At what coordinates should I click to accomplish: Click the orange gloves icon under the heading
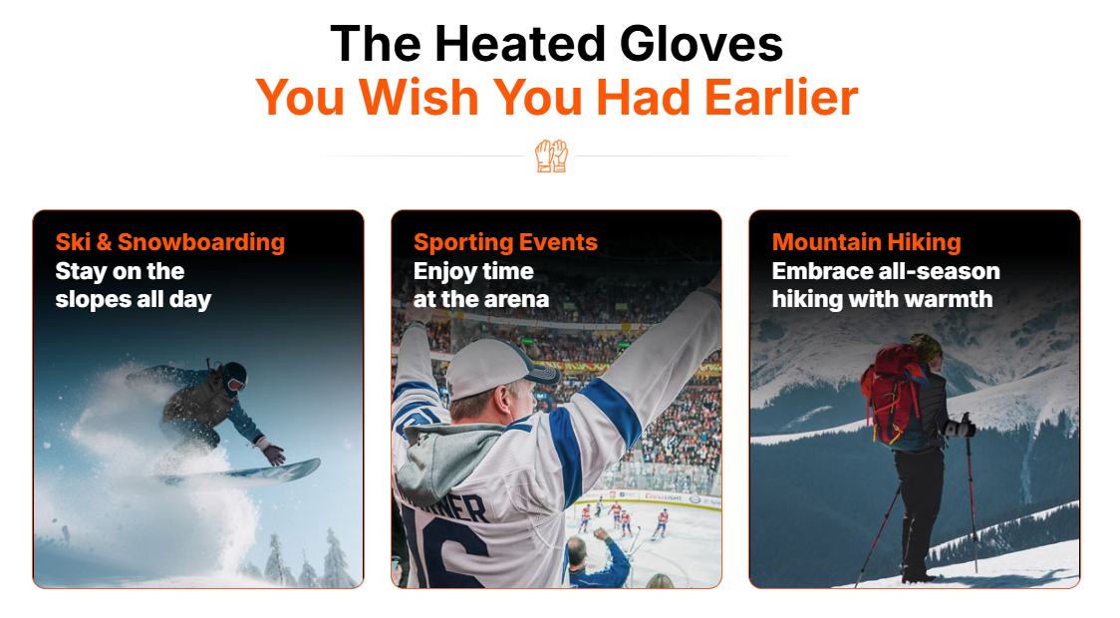pyautogui.click(x=551, y=155)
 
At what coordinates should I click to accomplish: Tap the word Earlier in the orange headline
pyautogui.click(x=781, y=97)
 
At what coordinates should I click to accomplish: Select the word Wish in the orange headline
pyautogui.click(x=419, y=97)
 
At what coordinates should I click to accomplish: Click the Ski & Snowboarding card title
pyautogui.click(x=170, y=242)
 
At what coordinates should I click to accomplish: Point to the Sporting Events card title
pyautogui.click(x=506, y=242)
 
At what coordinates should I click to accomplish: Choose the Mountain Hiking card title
pyautogui.click(x=867, y=242)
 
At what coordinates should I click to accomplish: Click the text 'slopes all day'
pyautogui.click(x=133, y=299)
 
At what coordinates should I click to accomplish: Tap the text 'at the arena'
pyautogui.click(x=481, y=299)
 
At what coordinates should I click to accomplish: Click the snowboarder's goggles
pyautogui.click(x=235, y=385)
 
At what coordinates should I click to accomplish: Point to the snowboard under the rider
pyautogui.click(x=239, y=472)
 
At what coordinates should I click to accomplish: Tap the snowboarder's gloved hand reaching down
pyautogui.click(x=272, y=453)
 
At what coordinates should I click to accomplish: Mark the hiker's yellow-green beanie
pyautogui.click(x=926, y=348)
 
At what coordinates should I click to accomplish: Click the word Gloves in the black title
pyautogui.click(x=701, y=44)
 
